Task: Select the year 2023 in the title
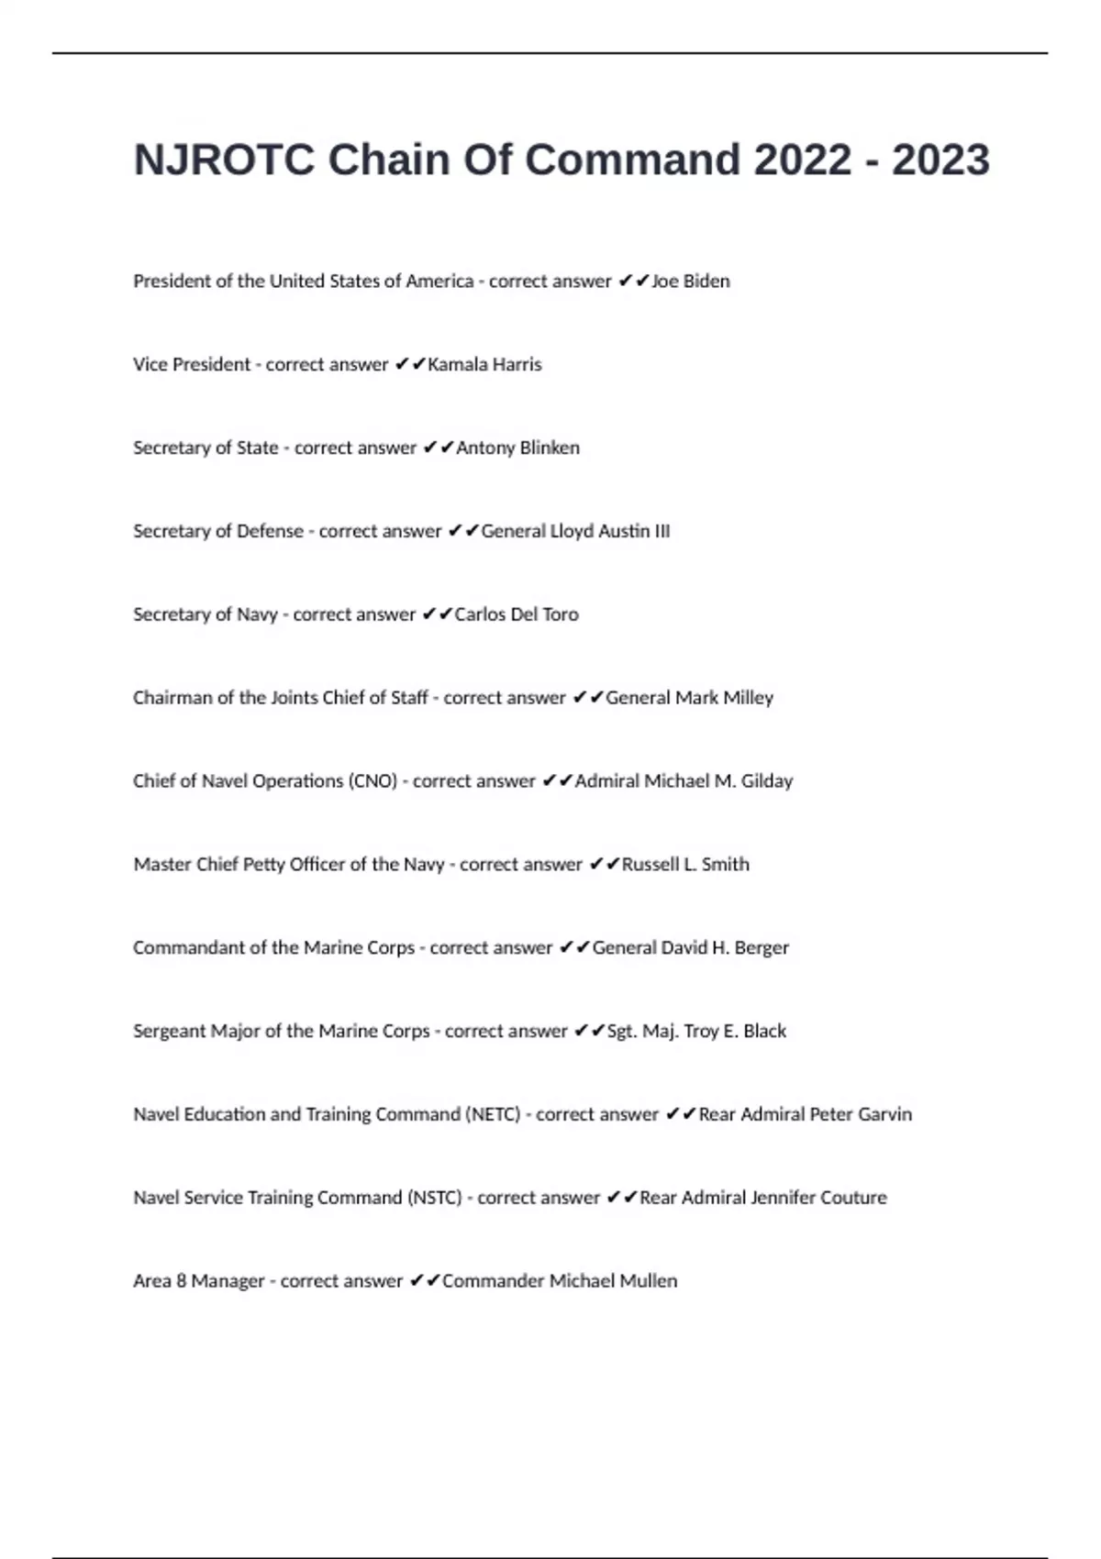click(x=940, y=160)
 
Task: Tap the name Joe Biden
click(x=690, y=282)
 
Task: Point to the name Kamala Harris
click(x=484, y=365)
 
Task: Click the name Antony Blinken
click(x=517, y=448)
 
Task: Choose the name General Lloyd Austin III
click(x=575, y=532)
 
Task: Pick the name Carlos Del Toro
click(x=517, y=614)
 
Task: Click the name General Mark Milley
click(x=689, y=698)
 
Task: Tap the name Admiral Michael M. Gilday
click(x=684, y=781)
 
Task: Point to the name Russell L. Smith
click(x=685, y=865)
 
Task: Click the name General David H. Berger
click(x=690, y=948)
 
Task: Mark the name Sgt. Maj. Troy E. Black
click(x=696, y=1032)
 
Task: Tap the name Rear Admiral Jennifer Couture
click(x=762, y=1198)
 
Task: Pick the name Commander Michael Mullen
click(x=560, y=1281)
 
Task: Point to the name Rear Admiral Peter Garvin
click(x=805, y=1115)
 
